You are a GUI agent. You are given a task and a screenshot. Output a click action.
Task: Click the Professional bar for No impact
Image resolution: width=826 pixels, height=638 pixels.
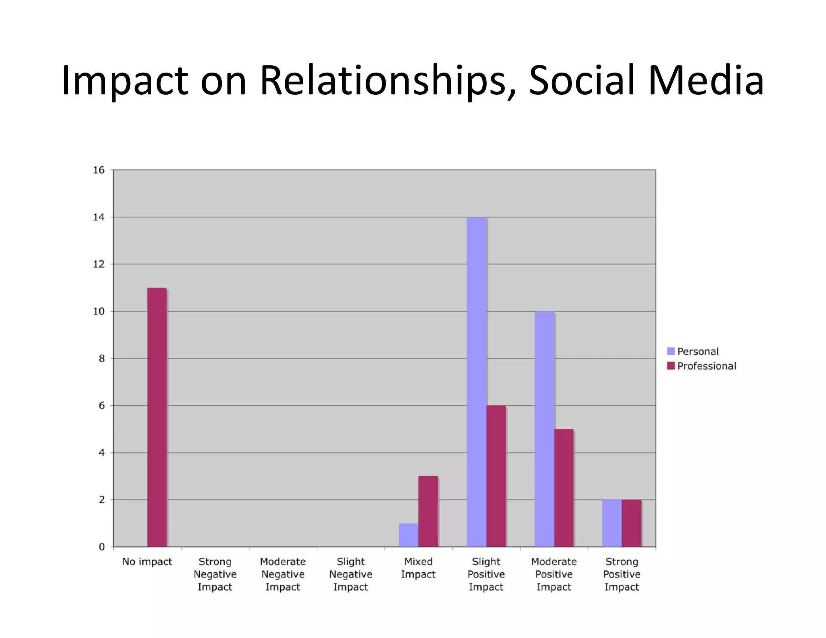tap(157, 417)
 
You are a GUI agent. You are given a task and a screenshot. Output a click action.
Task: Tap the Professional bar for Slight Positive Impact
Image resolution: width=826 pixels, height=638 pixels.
tap(496, 476)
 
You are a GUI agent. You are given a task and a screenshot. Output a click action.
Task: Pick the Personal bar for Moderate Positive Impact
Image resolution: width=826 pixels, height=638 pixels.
tap(544, 429)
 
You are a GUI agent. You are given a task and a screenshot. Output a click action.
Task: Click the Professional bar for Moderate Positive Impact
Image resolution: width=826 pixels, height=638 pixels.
tap(564, 488)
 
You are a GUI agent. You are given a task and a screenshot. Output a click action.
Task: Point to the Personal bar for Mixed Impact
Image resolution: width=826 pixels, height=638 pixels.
tap(409, 535)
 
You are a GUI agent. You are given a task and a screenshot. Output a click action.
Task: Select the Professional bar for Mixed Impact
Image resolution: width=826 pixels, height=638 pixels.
tap(428, 511)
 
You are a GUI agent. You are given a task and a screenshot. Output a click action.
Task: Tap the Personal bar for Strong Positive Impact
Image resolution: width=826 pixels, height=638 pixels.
tap(612, 523)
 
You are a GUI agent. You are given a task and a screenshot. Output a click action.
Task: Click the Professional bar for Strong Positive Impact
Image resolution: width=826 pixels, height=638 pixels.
tap(631, 523)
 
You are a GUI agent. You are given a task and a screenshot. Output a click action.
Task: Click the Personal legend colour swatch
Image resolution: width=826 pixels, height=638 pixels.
tap(671, 351)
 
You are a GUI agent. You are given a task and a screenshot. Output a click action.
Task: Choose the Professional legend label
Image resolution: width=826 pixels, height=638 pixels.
tap(707, 366)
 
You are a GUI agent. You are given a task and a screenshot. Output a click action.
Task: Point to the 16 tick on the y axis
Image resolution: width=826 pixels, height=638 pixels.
tap(99, 170)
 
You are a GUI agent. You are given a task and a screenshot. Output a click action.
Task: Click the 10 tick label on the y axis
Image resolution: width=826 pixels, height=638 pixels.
tap(99, 311)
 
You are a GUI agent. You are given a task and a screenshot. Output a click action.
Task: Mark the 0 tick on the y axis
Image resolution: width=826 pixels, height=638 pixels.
tap(102, 547)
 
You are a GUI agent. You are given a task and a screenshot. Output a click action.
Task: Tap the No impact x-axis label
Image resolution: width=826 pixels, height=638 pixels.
tap(147, 562)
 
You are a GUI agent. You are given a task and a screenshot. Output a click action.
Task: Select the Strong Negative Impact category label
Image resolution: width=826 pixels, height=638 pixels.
tap(215, 574)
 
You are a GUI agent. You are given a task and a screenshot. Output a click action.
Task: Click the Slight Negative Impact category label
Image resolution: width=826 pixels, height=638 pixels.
tap(350, 574)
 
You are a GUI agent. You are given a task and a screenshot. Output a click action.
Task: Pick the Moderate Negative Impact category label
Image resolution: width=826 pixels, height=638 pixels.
tap(283, 574)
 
